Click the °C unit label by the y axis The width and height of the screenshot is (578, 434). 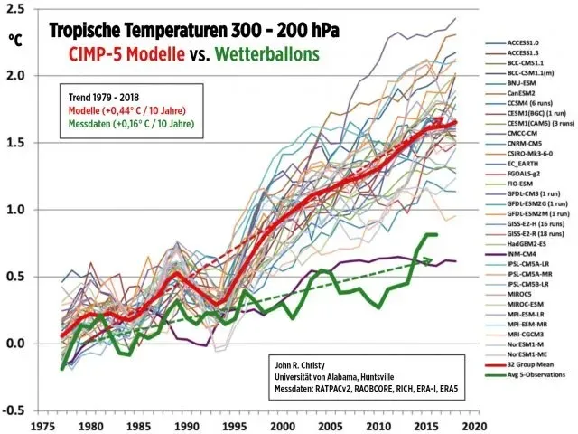[15, 40]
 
